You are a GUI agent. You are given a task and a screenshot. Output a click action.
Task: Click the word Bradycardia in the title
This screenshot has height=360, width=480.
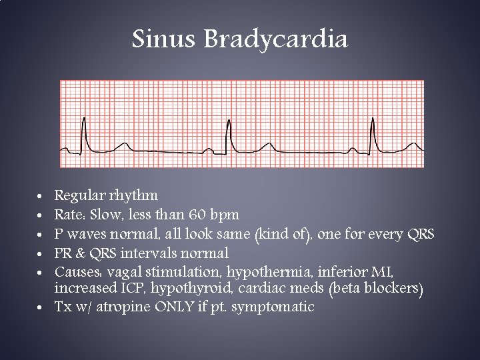pyautogui.click(x=275, y=40)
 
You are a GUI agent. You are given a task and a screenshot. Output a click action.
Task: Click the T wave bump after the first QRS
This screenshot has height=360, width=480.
pyautogui.click(x=122, y=145)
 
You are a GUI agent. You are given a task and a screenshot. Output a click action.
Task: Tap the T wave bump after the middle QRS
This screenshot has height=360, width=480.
pyautogui.click(x=267, y=145)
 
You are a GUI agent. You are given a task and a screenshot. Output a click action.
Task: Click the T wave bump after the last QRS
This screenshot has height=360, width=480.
pyautogui.click(x=413, y=145)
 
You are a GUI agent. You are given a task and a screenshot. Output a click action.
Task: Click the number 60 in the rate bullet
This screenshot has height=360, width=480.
pyautogui.click(x=198, y=215)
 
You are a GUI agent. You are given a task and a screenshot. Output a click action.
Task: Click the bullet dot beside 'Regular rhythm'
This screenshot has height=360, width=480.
pyautogui.click(x=41, y=197)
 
